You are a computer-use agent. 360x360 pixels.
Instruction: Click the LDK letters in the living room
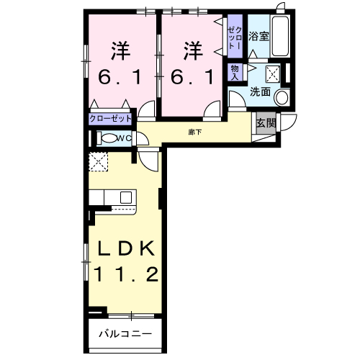click(125, 248)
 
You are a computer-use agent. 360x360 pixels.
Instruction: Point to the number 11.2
click(125, 274)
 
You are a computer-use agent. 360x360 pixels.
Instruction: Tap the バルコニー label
click(125, 333)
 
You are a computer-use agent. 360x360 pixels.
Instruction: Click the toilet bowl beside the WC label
click(109, 139)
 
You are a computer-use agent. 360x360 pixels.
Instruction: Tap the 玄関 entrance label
click(266, 122)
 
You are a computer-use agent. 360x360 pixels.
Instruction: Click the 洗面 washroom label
click(260, 92)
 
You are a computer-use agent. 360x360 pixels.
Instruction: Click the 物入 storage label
click(234, 71)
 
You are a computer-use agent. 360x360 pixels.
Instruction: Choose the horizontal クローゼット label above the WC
click(111, 118)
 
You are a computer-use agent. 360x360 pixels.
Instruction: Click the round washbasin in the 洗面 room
click(282, 97)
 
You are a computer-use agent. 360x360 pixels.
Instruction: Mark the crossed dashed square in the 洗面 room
click(273, 71)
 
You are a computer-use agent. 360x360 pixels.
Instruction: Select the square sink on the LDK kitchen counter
click(125, 196)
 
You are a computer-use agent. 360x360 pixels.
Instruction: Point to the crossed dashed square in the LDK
click(97, 162)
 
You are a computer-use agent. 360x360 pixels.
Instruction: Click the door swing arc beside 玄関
click(289, 122)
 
